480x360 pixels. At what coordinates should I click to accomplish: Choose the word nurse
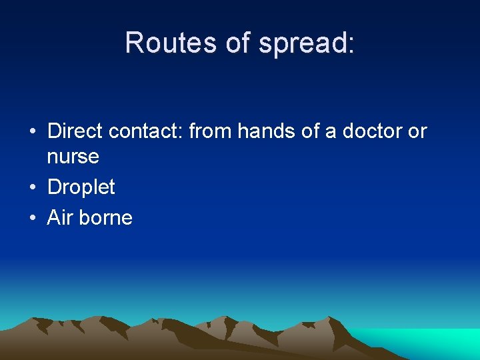click(x=73, y=157)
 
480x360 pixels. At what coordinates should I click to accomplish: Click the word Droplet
click(x=81, y=188)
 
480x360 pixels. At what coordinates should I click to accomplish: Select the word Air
click(x=58, y=217)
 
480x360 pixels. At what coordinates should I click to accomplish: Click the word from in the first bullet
click(x=211, y=131)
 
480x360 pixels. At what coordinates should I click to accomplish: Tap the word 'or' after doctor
click(x=417, y=131)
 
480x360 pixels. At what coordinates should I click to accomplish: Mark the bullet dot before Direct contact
click(x=33, y=132)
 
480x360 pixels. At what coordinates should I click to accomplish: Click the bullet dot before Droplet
click(x=33, y=188)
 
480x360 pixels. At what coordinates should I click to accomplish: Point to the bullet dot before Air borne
click(x=33, y=218)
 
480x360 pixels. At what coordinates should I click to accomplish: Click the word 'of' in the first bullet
click(x=311, y=131)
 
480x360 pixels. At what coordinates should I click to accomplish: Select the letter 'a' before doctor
click(x=331, y=133)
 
